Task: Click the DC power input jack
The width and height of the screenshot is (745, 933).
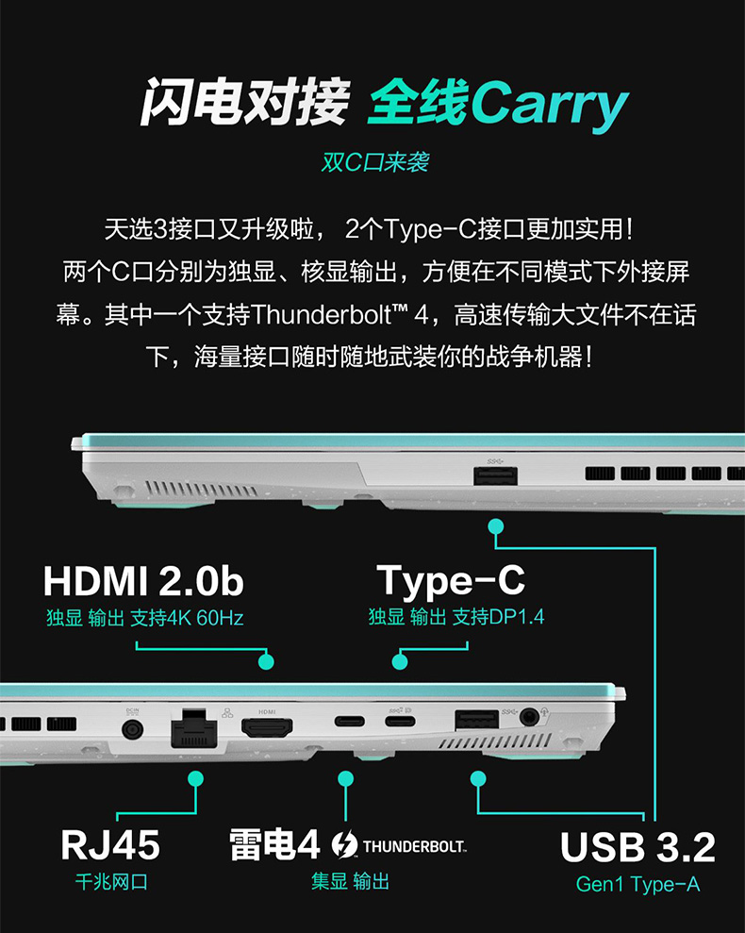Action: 132,729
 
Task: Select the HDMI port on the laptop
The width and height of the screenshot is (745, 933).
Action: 267,728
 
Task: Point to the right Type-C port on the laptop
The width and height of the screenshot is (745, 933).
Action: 399,724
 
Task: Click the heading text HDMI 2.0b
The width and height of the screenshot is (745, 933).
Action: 143,581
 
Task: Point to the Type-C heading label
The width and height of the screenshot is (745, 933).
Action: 451,581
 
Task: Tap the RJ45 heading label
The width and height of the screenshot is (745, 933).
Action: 110,844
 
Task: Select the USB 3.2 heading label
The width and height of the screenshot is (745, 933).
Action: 637,846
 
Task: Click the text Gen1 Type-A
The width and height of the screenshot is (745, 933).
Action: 637,884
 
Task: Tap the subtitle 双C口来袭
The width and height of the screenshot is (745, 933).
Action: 374,162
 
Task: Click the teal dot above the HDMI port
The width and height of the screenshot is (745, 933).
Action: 266,662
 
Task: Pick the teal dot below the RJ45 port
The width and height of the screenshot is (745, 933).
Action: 196,778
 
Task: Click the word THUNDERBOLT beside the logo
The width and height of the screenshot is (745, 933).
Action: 414,845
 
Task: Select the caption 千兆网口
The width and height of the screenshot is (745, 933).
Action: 111,883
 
